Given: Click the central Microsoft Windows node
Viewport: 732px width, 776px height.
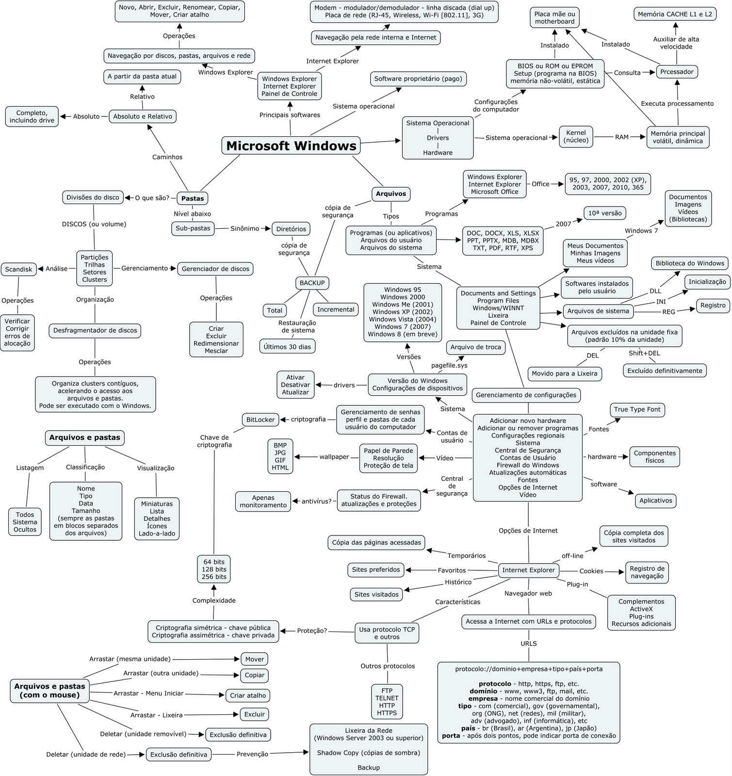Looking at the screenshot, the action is pyautogui.click(x=291, y=145).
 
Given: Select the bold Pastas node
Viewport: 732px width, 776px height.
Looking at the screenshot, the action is pyautogui.click(x=193, y=198).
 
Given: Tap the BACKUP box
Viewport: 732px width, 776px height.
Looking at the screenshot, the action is pyautogui.click(x=312, y=283).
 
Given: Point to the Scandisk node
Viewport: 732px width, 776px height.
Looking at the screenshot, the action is pyautogui.click(x=18, y=269).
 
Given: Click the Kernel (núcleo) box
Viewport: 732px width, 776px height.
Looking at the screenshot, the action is pyautogui.click(x=576, y=136).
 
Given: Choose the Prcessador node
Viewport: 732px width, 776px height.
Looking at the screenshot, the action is pyautogui.click(x=677, y=72).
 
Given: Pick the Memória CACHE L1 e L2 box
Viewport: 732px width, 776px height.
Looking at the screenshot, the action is pyautogui.click(x=675, y=14).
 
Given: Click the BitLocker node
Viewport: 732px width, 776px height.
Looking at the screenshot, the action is pyautogui.click(x=260, y=420).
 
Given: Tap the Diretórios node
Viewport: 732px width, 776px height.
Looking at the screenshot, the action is pyautogui.click(x=291, y=229).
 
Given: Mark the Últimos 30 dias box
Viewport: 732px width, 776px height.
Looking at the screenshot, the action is pyautogui.click(x=288, y=346).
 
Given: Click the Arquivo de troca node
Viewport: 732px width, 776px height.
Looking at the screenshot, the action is pyautogui.click(x=475, y=347).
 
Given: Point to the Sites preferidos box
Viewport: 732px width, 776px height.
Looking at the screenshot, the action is pyautogui.click(x=376, y=569).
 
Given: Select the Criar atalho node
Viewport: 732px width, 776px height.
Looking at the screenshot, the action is pyautogui.click(x=248, y=695).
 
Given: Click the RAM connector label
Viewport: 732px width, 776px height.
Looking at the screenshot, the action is pyautogui.click(x=622, y=137).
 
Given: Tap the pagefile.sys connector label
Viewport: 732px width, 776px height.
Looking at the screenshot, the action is pyautogui.click(x=449, y=365).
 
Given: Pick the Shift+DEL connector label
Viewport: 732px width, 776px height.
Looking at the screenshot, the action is pyautogui.click(x=644, y=353).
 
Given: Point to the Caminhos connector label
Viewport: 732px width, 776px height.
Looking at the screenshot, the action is pyautogui.click(x=167, y=157).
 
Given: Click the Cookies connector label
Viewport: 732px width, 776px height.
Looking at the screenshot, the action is pyautogui.click(x=591, y=571).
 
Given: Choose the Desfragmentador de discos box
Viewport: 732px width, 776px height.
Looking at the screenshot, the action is pyautogui.click(x=95, y=330).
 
